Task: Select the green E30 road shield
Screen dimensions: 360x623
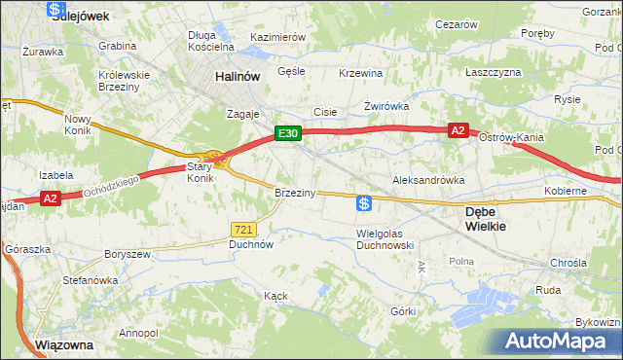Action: tap(286, 133)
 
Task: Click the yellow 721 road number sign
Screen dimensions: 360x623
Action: tap(243, 229)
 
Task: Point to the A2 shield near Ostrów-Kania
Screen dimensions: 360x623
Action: tap(458, 129)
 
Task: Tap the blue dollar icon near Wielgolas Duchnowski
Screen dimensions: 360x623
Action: tap(363, 203)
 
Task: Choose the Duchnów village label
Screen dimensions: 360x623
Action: tap(250, 245)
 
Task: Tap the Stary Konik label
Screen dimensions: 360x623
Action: tap(200, 173)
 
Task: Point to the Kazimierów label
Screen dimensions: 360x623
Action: tap(278, 37)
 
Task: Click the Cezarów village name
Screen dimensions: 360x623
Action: tap(457, 23)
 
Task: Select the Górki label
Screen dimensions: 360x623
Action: tap(402, 311)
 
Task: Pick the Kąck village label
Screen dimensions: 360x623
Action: tap(275, 294)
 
